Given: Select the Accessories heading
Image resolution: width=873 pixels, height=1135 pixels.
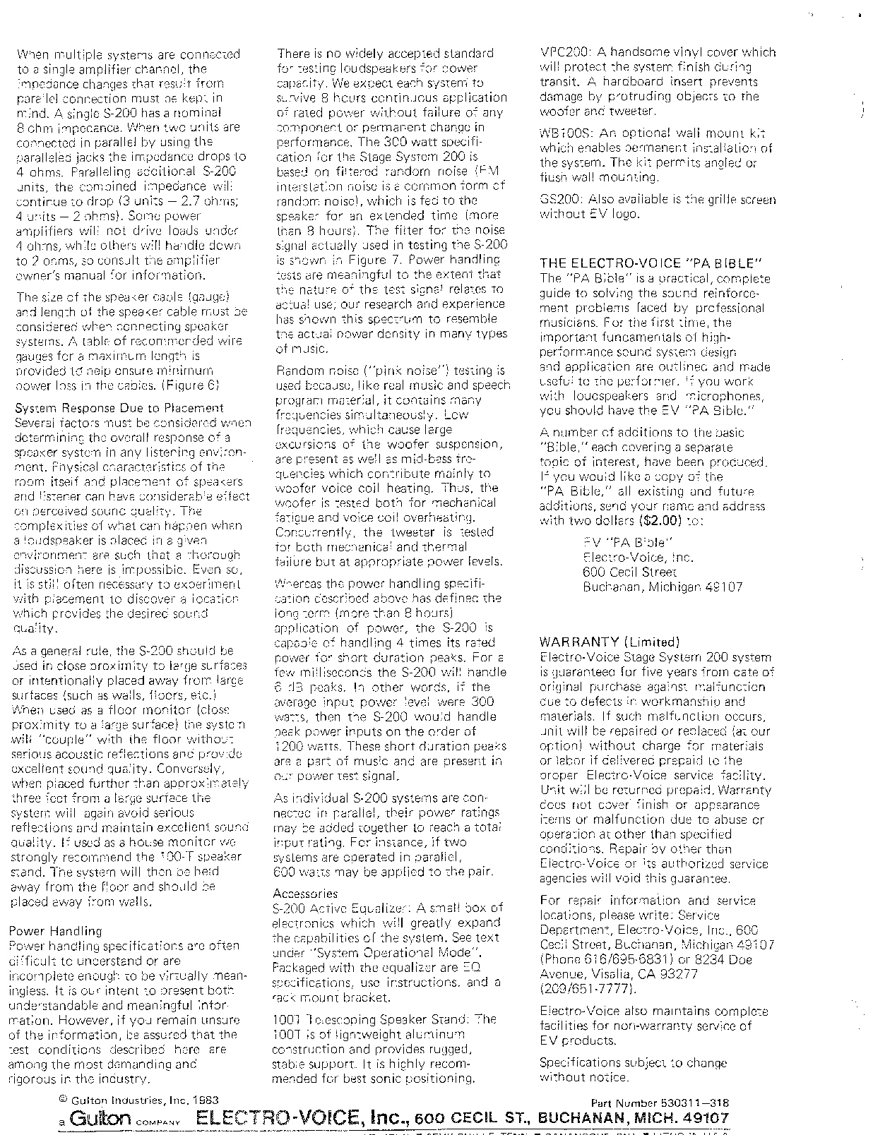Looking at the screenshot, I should pos(305,893).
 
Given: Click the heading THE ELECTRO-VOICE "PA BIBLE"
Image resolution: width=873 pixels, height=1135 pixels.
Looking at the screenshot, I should pos(646,264).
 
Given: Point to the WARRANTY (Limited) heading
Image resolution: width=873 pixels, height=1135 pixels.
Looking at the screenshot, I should pos(609,642).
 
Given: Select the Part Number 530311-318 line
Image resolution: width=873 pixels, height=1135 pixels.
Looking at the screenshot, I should pos(659,1103).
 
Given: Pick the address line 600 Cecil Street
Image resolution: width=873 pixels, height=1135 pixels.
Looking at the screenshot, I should pos(629,572).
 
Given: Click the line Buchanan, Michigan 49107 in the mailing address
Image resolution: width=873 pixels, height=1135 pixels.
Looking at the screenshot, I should pos(663,587).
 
